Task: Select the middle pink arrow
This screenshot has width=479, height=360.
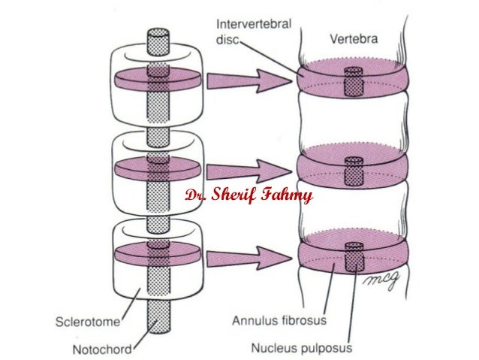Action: click(248, 172)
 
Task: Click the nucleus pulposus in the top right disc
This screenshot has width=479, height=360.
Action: click(353, 81)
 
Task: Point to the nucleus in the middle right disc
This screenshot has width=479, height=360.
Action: click(353, 170)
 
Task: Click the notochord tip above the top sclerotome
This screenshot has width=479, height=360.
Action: click(158, 42)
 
